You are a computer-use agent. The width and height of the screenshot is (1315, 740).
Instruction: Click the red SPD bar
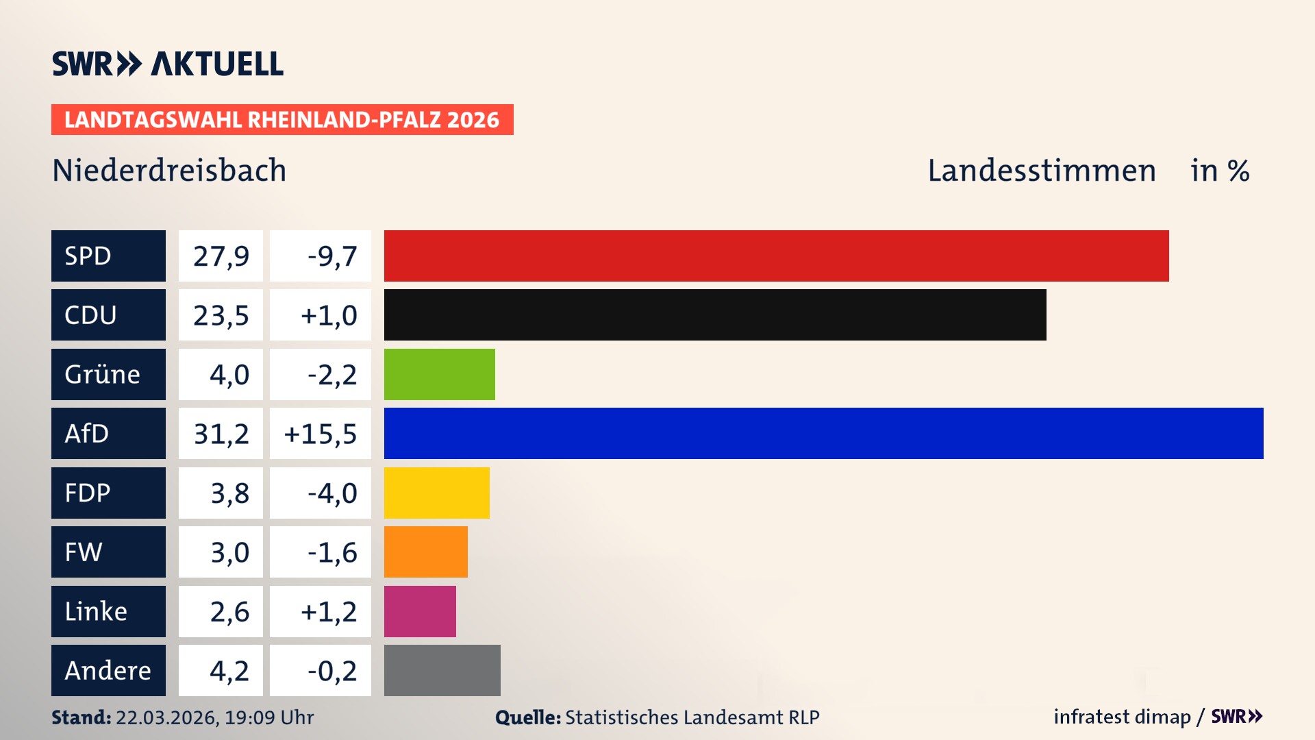click(x=776, y=256)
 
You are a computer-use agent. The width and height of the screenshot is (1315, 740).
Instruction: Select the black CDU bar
click(x=715, y=314)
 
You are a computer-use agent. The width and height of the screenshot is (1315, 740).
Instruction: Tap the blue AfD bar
click(x=823, y=433)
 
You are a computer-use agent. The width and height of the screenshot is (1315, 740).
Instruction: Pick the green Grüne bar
click(x=439, y=374)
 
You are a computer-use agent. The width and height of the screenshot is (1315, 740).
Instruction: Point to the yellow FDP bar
click(x=436, y=493)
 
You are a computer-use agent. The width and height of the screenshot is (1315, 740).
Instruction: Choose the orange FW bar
click(x=425, y=552)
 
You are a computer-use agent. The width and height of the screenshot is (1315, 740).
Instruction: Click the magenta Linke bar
click(x=420, y=611)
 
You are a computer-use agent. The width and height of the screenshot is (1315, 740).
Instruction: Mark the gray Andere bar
click(x=442, y=670)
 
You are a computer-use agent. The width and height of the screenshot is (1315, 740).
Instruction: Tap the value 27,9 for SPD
click(x=221, y=256)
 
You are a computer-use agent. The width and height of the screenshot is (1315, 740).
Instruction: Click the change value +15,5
click(x=320, y=433)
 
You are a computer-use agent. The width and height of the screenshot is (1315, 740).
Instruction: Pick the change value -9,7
click(x=332, y=256)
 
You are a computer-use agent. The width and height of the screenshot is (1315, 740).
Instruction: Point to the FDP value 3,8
click(x=229, y=493)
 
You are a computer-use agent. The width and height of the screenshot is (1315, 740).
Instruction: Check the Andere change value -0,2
click(x=332, y=670)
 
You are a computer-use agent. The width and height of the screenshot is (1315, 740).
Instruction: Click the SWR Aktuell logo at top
click(x=167, y=64)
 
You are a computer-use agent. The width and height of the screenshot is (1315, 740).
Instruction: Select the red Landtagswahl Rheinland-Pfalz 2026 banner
click(x=281, y=119)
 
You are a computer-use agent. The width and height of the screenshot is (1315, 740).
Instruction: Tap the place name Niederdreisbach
click(x=169, y=170)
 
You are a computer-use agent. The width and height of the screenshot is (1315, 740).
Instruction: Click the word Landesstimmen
click(x=1041, y=170)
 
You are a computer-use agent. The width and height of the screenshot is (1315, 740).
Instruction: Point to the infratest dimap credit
click(x=1122, y=717)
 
